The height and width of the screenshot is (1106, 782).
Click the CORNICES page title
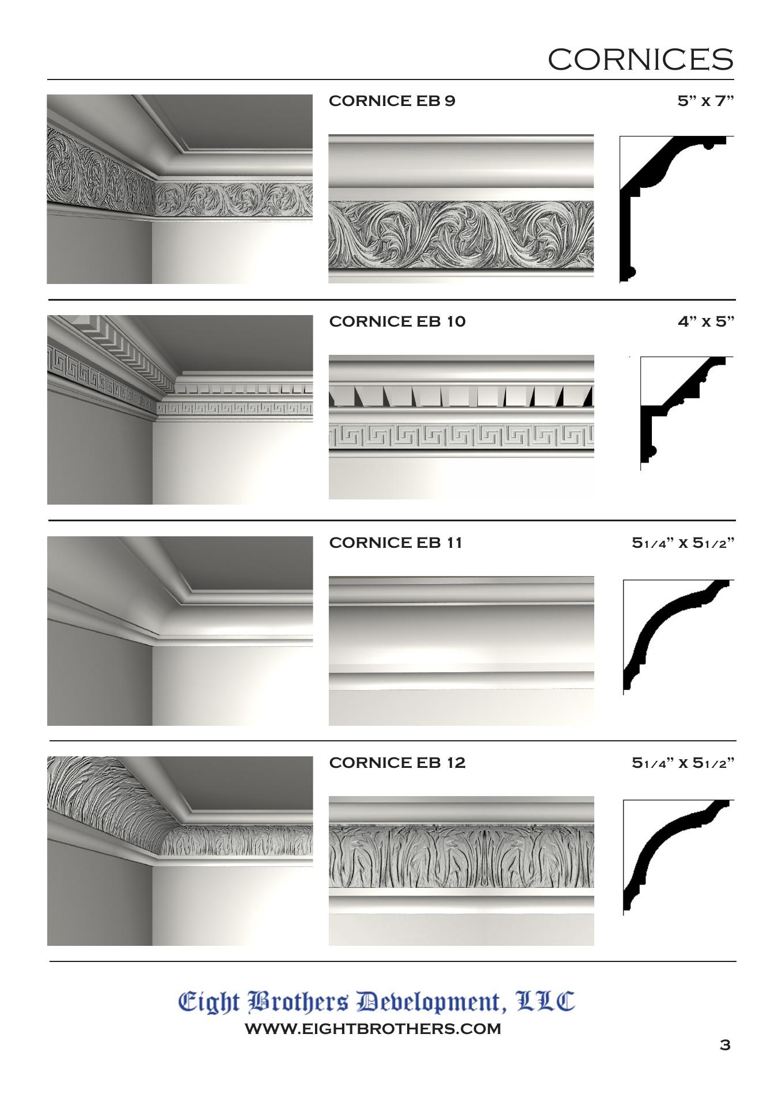click(640, 59)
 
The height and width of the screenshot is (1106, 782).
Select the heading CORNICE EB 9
click(392, 101)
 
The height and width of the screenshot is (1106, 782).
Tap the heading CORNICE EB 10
click(397, 321)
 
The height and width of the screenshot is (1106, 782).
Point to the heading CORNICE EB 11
click(396, 543)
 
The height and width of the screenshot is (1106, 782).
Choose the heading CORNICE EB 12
click(397, 763)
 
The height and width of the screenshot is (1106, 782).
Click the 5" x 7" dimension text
click(706, 101)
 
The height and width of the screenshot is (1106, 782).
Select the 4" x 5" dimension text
click(706, 321)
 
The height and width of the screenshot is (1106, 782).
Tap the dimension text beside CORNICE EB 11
click(684, 543)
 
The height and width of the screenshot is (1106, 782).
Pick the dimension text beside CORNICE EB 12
click(684, 763)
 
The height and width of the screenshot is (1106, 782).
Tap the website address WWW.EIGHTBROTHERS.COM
click(373, 1029)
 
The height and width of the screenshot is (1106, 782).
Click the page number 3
click(725, 1044)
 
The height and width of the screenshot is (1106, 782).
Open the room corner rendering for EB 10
click(180, 410)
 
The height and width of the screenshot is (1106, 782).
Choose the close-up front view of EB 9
click(461, 209)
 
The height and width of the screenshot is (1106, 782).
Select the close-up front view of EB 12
click(461, 871)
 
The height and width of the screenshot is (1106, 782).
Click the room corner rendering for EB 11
click(180, 631)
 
